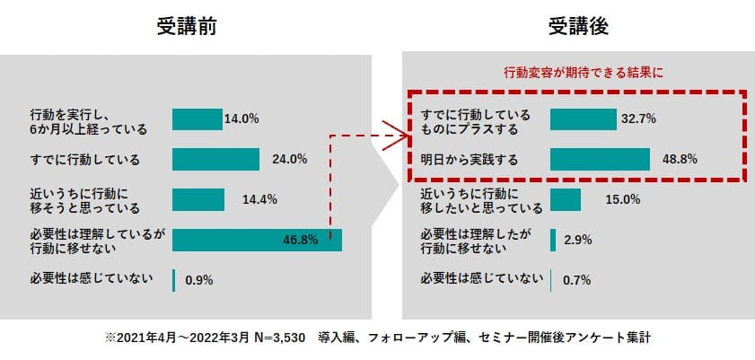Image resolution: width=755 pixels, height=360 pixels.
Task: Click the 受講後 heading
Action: tap(578, 26)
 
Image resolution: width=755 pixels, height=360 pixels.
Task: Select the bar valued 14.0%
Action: tap(197, 119)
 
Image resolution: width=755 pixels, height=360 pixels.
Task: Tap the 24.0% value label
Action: tap(289, 160)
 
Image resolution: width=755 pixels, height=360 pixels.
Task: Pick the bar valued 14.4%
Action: tap(198, 199)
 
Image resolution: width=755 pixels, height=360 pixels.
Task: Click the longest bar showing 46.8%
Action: tap(257, 240)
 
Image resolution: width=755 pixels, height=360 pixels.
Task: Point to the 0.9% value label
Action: tap(198, 280)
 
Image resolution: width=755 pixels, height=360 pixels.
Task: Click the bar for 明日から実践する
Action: tap(600, 160)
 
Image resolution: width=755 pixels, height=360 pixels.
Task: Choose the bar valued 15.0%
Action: tap(566, 199)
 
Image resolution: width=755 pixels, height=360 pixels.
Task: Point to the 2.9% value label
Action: tap(577, 240)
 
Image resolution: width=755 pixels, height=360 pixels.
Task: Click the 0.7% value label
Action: tap(576, 280)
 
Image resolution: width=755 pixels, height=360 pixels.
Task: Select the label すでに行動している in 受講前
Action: tap(84, 160)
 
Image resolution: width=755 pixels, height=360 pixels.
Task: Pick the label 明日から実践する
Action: tap(470, 160)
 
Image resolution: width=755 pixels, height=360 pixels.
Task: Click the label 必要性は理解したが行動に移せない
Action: tap(475, 240)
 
